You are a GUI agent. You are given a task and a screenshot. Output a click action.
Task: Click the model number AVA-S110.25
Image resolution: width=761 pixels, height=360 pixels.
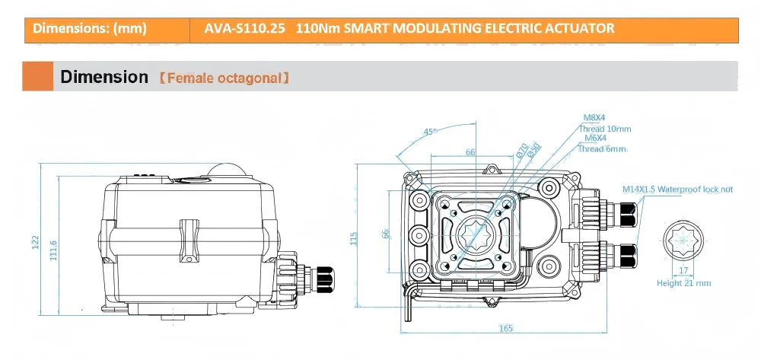pos(245,29)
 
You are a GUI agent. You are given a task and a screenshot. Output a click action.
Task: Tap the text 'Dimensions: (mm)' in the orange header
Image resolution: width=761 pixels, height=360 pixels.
pos(90,29)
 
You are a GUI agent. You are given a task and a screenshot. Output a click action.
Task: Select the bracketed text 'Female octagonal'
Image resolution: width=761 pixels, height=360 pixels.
pos(223,78)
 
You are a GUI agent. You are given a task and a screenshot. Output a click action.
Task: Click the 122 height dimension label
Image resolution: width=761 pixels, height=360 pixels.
pos(35,242)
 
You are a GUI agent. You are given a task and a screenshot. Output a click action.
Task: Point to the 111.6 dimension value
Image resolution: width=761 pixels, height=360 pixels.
pos(53,248)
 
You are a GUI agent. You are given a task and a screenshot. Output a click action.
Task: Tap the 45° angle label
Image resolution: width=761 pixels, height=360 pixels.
pos(429,132)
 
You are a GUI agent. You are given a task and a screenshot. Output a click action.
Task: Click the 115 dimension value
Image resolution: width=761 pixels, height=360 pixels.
pos(353,238)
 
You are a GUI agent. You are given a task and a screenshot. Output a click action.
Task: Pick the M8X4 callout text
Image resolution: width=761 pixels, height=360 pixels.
pos(594,118)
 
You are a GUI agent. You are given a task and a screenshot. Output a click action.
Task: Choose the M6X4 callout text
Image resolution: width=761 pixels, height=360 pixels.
pos(595,139)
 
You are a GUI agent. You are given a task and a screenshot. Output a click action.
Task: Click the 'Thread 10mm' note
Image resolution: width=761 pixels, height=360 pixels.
pos(605,129)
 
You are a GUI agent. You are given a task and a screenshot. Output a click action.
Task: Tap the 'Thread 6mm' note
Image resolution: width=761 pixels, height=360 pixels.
pos(602,149)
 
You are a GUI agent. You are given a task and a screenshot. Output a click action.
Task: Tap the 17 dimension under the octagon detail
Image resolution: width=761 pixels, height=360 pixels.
pos(683,269)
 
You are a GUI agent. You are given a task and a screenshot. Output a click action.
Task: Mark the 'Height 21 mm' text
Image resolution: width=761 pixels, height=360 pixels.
pos(683,283)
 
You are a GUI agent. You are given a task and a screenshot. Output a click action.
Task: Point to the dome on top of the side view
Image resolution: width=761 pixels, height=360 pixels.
pos(227,172)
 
